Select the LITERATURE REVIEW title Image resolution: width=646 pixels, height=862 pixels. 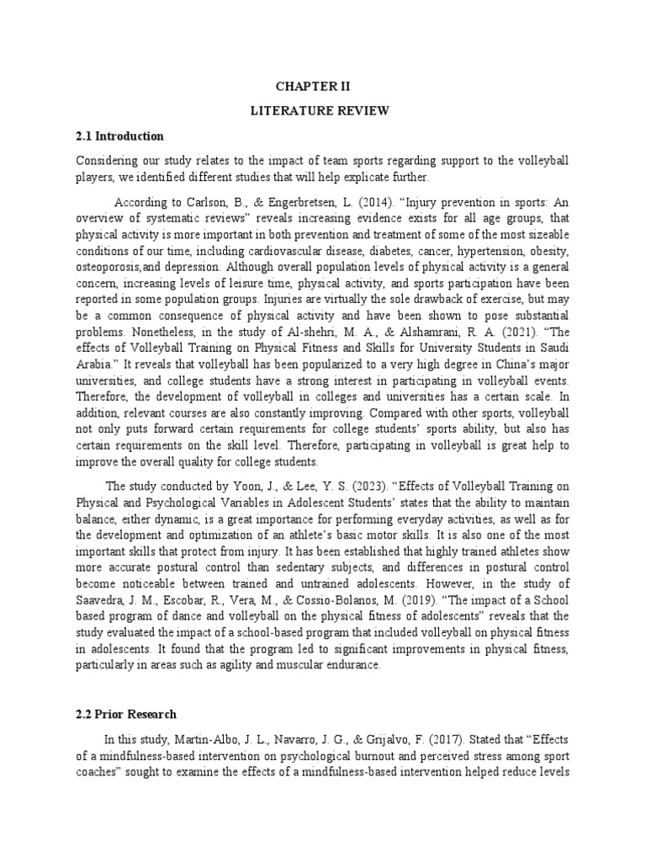click(324, 110)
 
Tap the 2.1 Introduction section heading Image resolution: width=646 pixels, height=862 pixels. click(119, 136)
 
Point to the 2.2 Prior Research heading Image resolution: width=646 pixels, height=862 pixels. click(126, 714)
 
